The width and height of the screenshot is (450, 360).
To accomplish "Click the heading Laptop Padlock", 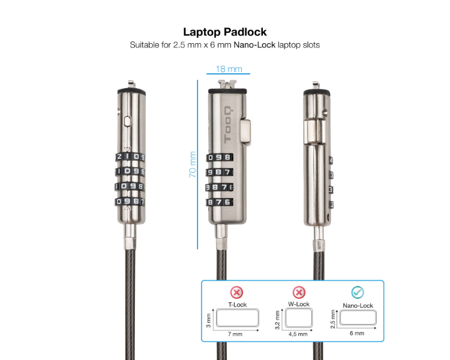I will coord(224,32).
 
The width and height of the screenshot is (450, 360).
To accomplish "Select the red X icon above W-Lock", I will coord(298,292).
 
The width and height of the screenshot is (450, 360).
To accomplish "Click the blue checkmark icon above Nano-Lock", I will coord(358,292).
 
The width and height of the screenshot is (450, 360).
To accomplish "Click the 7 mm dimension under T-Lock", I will coord(236,334).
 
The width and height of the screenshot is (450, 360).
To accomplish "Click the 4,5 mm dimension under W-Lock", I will coord(298,334).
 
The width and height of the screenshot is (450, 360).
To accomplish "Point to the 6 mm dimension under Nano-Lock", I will coord(356,333).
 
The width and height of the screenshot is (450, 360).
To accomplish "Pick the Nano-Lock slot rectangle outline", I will coord(357,319).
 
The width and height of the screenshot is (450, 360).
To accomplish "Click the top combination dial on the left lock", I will coord(130,158).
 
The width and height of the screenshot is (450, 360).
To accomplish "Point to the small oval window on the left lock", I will coord(126,121).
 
